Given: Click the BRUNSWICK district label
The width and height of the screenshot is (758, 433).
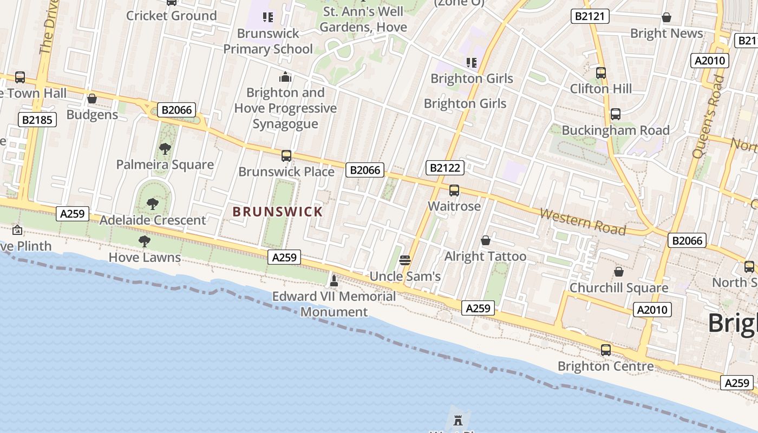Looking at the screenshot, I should tap(277, 212).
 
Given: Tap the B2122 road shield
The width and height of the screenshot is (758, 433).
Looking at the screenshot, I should tap(445, 168).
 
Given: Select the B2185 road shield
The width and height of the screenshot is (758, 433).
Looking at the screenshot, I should tap(37, 120).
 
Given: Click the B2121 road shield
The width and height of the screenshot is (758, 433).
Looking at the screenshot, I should tap(590, 16).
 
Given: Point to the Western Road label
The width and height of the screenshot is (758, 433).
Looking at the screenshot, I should tap(583, 222).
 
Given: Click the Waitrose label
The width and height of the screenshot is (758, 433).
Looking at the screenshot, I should tap(454, 206).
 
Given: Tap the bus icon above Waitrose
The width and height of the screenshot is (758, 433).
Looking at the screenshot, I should tap(454, 191).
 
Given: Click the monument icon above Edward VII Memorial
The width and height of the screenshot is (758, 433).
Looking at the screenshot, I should tap(334, 280).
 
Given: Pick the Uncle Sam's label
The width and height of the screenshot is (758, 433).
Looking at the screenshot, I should tap(405, 277).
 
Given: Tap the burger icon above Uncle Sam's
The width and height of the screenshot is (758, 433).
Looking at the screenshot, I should tap(404, 260).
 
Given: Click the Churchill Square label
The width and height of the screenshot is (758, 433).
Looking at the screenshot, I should tap(619, 287).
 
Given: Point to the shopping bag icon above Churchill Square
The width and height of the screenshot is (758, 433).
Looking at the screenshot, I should tap(618, 272).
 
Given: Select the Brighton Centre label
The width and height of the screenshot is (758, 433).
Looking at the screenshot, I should tap(605, 366).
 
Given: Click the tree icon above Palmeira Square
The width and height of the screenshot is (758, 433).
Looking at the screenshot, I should tap(165, 148).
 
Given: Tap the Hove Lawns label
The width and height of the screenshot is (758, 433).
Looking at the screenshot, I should tap(145, 257).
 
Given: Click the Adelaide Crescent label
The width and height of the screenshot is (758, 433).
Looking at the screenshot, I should tap(153, 220).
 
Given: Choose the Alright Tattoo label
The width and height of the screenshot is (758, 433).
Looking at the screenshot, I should tap(485, 256).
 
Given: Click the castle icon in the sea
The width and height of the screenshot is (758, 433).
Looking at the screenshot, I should tap(458, 419).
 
